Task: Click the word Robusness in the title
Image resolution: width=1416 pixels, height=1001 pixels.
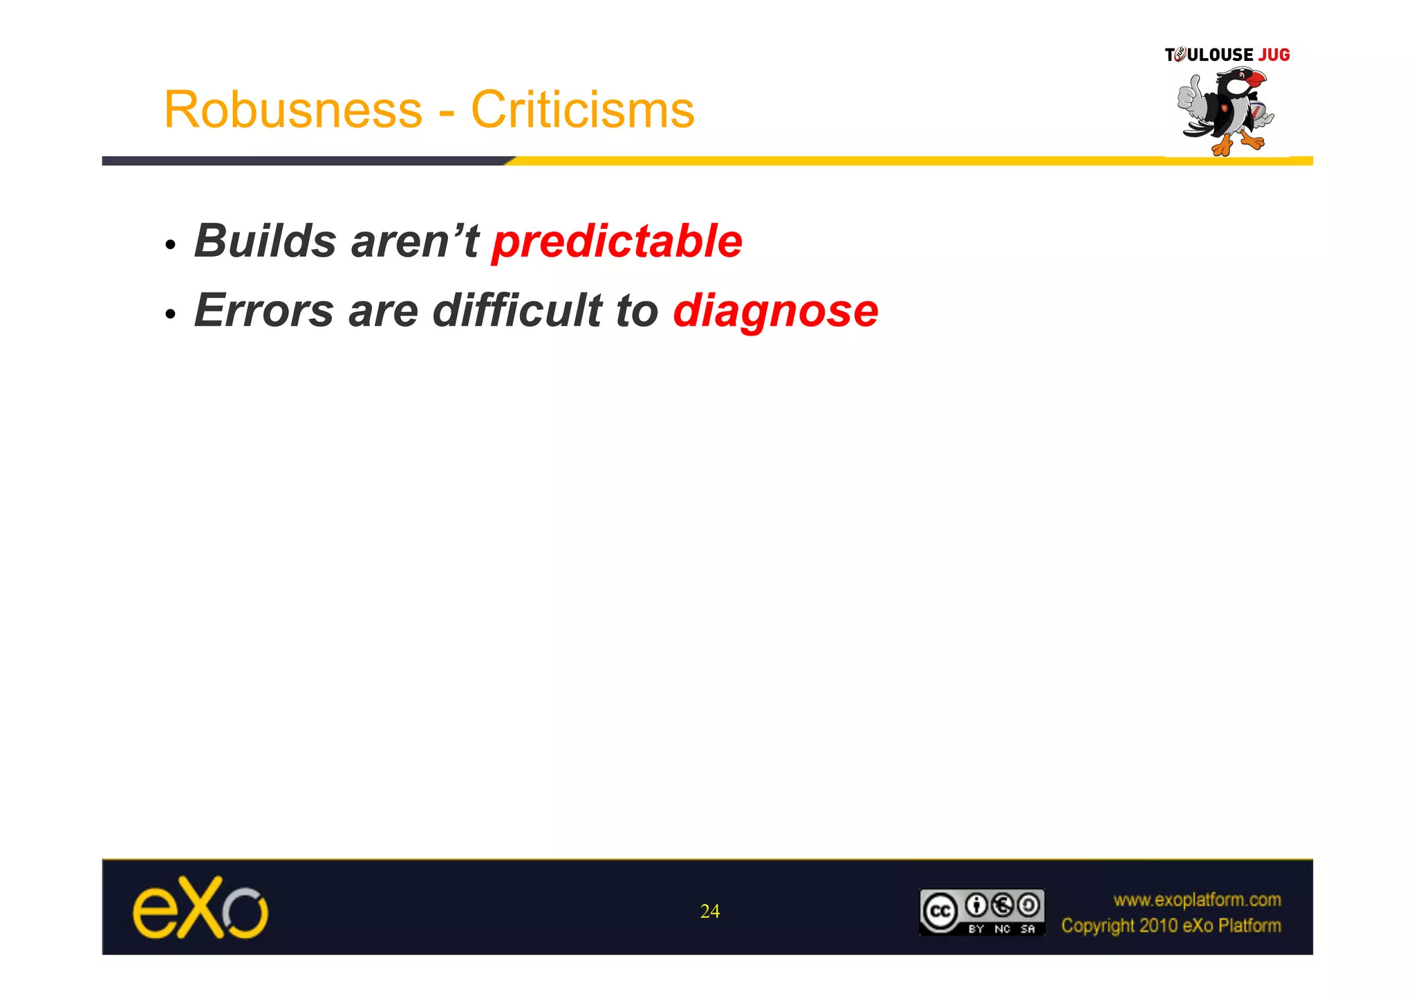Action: [292, 110]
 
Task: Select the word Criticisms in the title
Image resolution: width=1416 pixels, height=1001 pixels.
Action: [582, 110]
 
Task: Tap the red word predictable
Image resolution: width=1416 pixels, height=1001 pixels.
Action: [617, 241]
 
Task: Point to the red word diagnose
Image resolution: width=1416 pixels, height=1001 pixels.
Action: [775, 311]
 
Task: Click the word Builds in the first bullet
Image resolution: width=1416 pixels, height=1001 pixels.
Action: [265, 241]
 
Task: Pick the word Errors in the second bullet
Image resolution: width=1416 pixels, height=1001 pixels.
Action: [264, 311]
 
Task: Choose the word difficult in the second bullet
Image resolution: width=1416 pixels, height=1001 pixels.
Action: [517, 311]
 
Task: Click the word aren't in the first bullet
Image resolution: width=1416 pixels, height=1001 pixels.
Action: [415, 241]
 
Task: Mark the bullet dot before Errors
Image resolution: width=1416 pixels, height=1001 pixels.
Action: [170, 314]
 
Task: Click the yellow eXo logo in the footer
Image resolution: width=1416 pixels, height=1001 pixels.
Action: [200, 908]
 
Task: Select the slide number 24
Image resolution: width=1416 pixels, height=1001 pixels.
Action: [709, 912]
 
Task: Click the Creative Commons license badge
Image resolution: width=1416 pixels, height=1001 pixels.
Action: [981, 912]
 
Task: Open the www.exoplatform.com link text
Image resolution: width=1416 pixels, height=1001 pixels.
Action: [1197, 900]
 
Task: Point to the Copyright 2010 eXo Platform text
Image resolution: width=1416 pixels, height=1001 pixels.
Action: [1171, 926]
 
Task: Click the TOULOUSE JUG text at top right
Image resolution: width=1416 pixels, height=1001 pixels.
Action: [1227, 55]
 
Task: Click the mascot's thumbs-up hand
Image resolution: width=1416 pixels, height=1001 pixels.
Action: [1190, 97]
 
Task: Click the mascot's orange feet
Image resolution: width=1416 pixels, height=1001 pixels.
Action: [1238, 144]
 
